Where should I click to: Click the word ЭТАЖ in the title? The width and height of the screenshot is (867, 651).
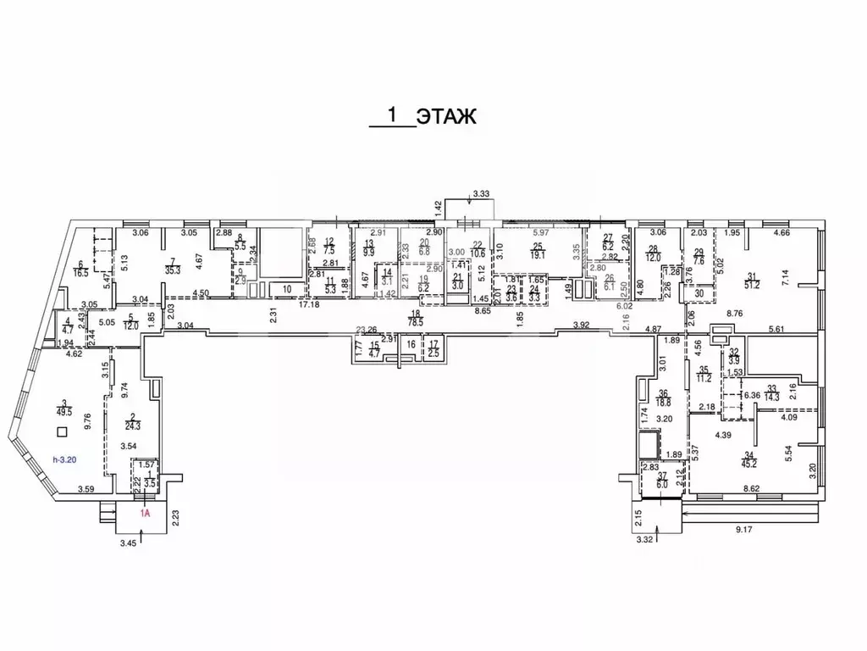point(448,115)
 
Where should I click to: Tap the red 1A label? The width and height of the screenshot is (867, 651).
point(145,513)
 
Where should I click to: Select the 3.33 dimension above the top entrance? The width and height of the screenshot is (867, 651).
point(482,194)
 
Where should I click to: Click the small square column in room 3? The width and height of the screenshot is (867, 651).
point(60,432)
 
